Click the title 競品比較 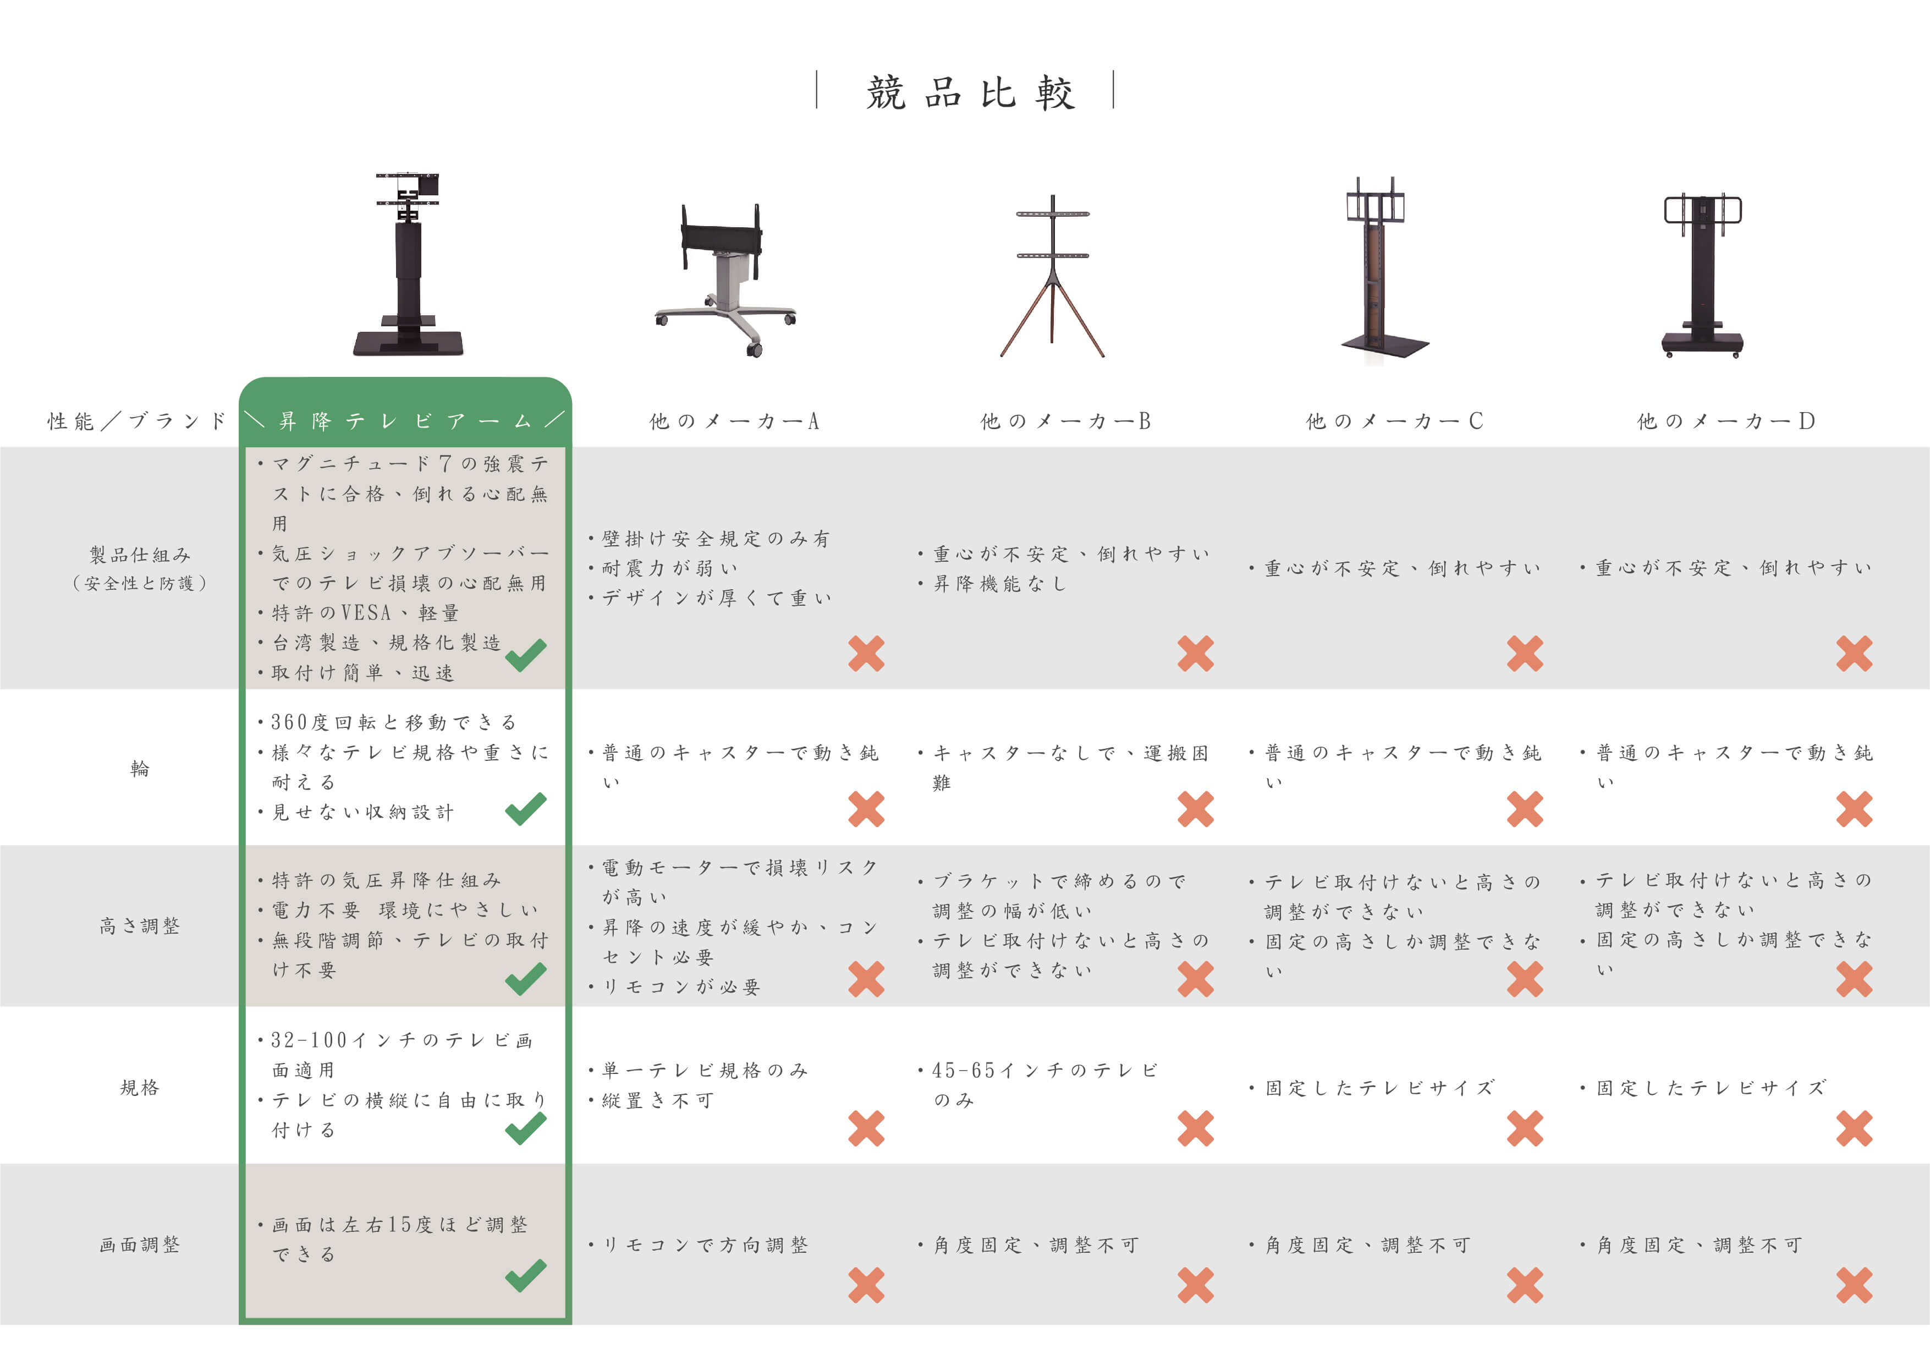click(x=970, y=92)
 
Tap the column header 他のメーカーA click(x=733, y=420)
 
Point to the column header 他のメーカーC click(x=1394, y=420)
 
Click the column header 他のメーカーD click(x=1726, y=420)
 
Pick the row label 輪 click(x=140, y=768)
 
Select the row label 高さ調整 click(x=140, y=926)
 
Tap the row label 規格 click(x=140, y=1088)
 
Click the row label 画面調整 click(x=140, y=1245)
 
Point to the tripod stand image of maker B click(x=1052, y=276)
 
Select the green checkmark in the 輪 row click(x=525, y=809)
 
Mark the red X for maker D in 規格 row click(x=1854, y=1128)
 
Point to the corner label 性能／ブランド click(x=137, y=420)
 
